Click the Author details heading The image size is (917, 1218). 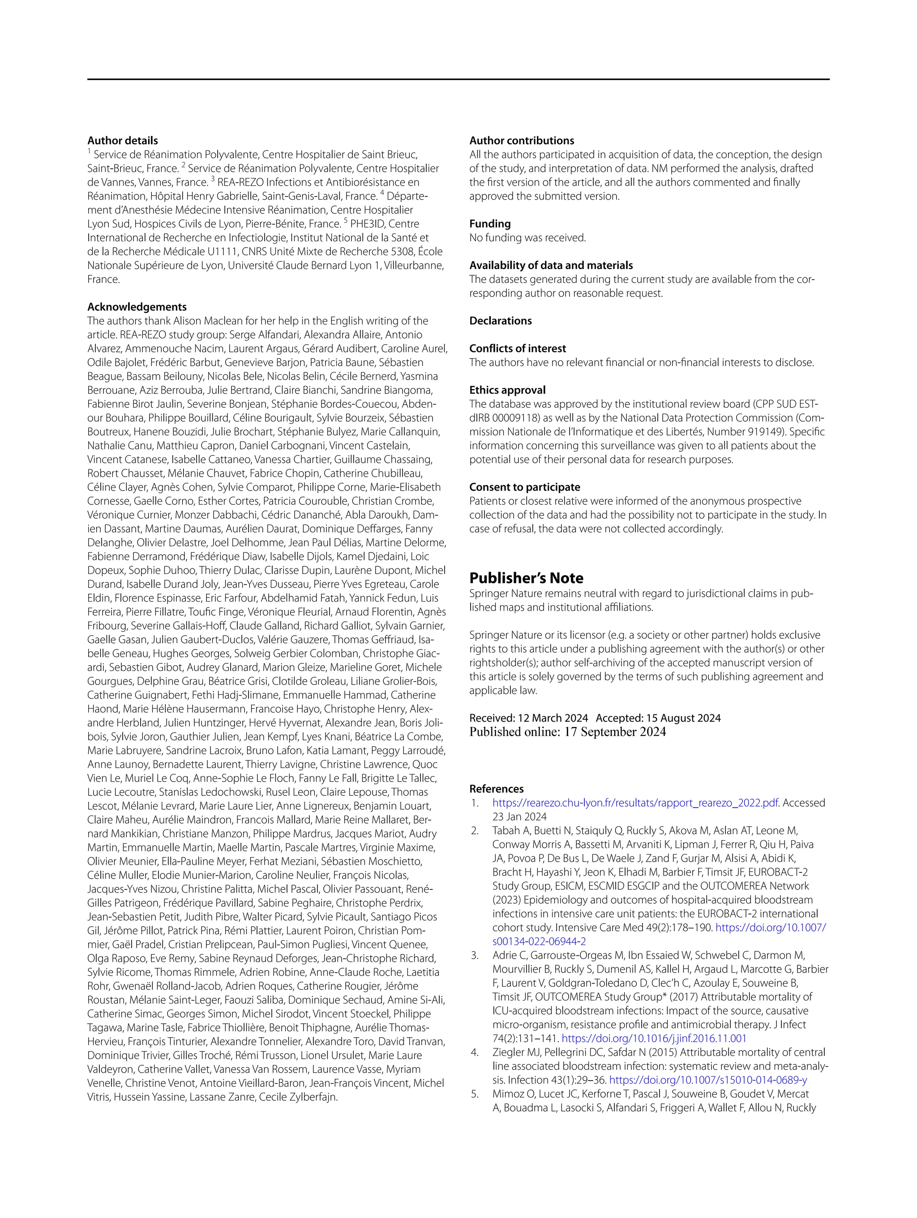[x=122, y=141]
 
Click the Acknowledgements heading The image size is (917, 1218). [x=137, y=307]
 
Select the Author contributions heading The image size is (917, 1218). [x=522, y=141]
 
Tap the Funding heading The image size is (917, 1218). [x=489, y=223]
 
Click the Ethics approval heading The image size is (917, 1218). [x=507, y=390]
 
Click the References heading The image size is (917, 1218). [x=496, y=789]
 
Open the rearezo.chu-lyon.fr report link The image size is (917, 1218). [x=635, y=803]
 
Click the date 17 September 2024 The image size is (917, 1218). [x=615, y=732]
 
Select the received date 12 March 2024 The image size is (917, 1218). [x=553, y=718]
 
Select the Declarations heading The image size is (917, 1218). [x=500, y=321]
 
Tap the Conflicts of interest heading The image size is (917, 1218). [x=517, y=349]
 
